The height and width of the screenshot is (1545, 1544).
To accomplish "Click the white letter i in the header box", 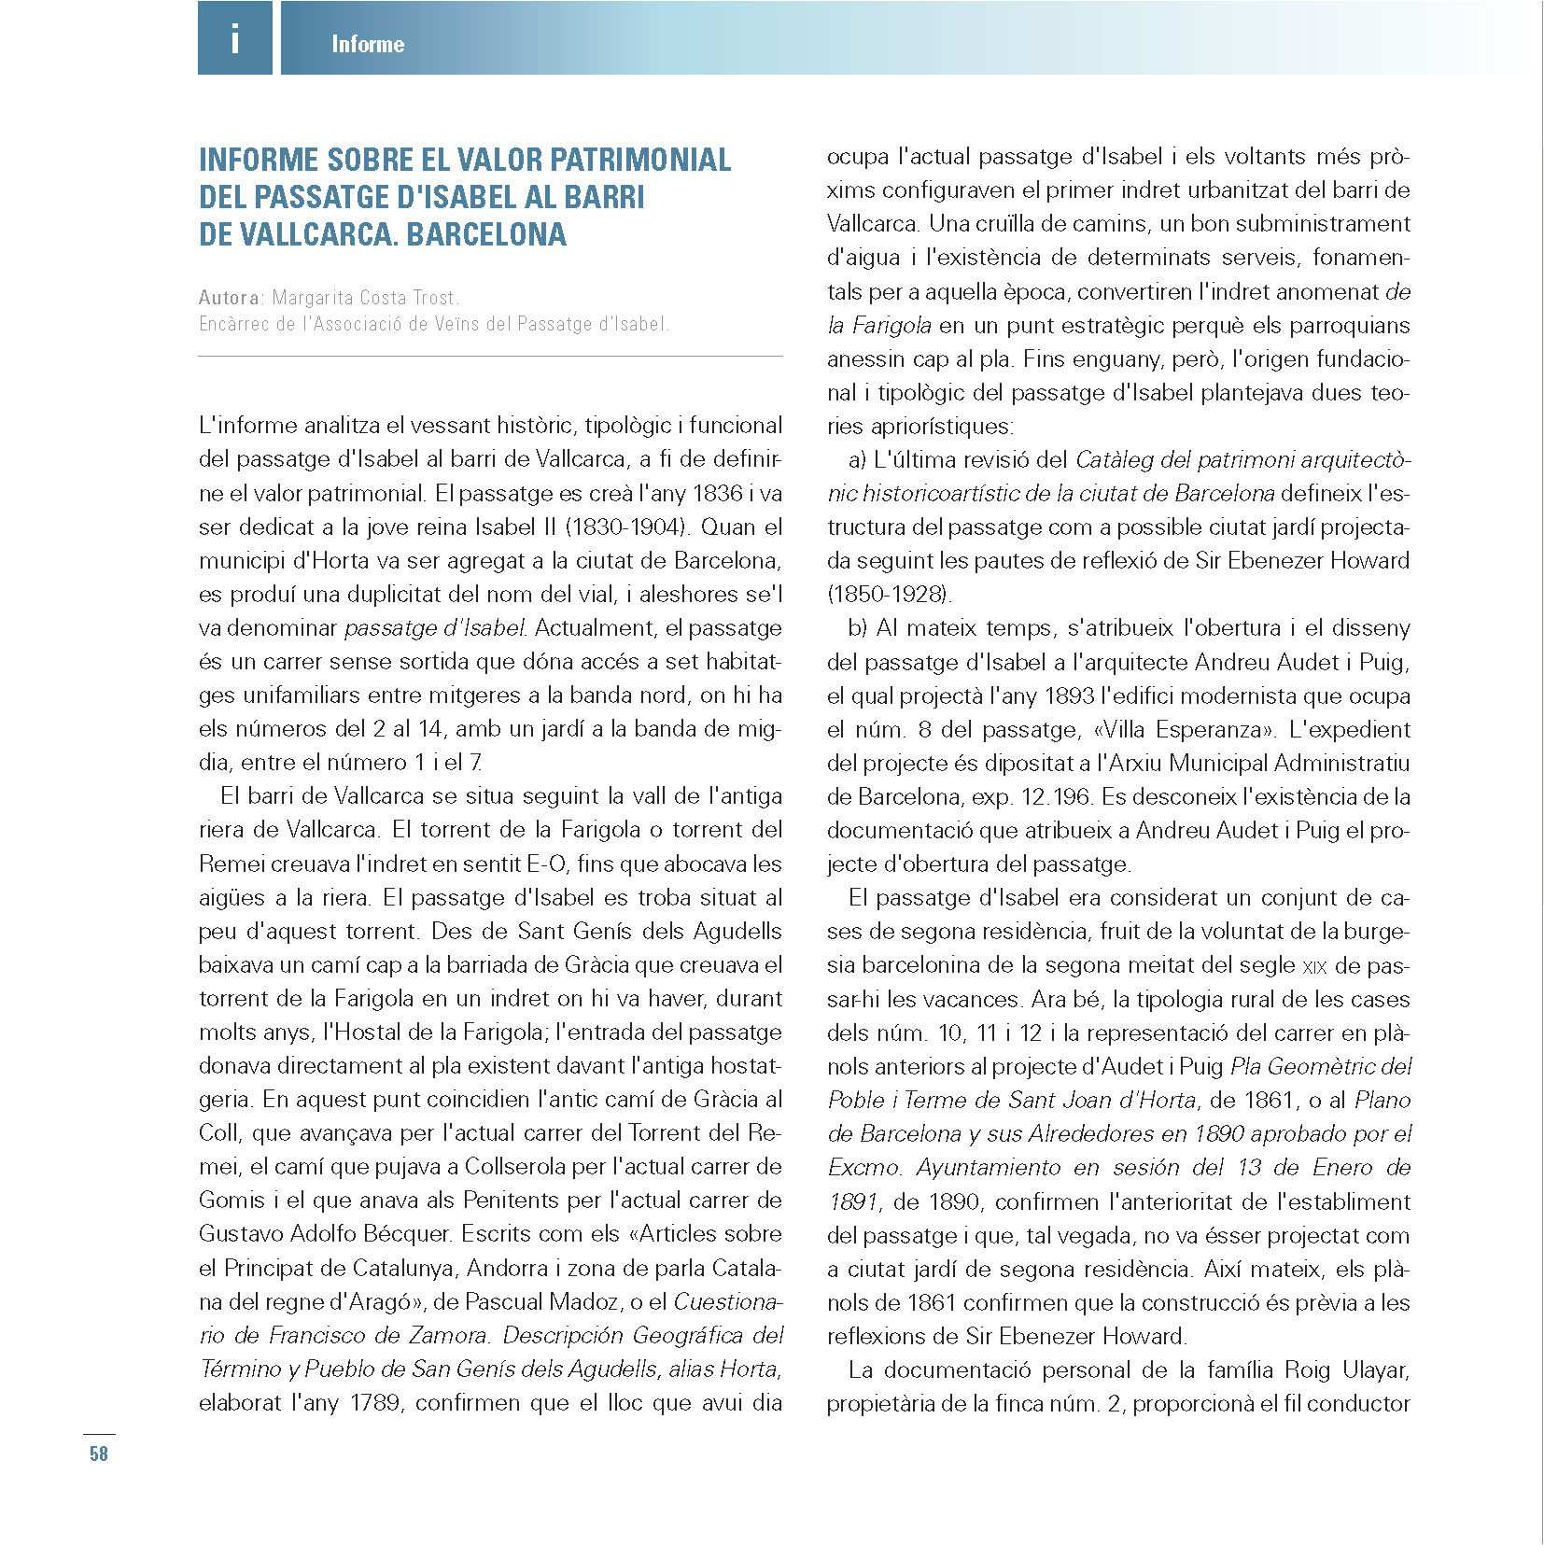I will [x=234, y=39].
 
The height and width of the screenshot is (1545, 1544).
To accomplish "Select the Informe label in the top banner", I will [x=368, y=44].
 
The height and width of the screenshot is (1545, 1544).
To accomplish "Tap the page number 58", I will [x=99, y=1454].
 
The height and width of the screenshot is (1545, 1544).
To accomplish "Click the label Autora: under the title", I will [x=232, y=298].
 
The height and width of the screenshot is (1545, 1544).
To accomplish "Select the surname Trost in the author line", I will [x=434, y=298].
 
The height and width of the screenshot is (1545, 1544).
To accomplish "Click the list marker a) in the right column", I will [x=857, y=459].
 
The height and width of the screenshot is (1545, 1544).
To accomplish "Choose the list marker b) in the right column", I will [x=858, y=627].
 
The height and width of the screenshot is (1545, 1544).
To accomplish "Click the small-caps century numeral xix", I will [x=1313, y=966].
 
